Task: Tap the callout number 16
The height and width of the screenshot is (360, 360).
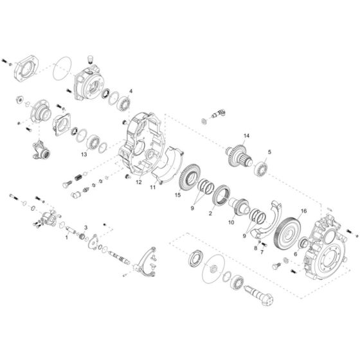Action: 304,210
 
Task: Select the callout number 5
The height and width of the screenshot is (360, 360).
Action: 269,152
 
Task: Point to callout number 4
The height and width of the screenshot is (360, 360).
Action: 130,91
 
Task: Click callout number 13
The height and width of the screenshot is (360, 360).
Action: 84,154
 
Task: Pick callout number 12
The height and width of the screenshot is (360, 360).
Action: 138,182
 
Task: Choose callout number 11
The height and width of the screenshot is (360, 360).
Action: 152,188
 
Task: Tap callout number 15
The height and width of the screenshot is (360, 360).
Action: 177,195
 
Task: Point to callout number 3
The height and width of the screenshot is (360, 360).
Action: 85,228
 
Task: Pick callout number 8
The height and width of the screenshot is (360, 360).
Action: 255,246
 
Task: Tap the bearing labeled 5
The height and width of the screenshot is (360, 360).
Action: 260,169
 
